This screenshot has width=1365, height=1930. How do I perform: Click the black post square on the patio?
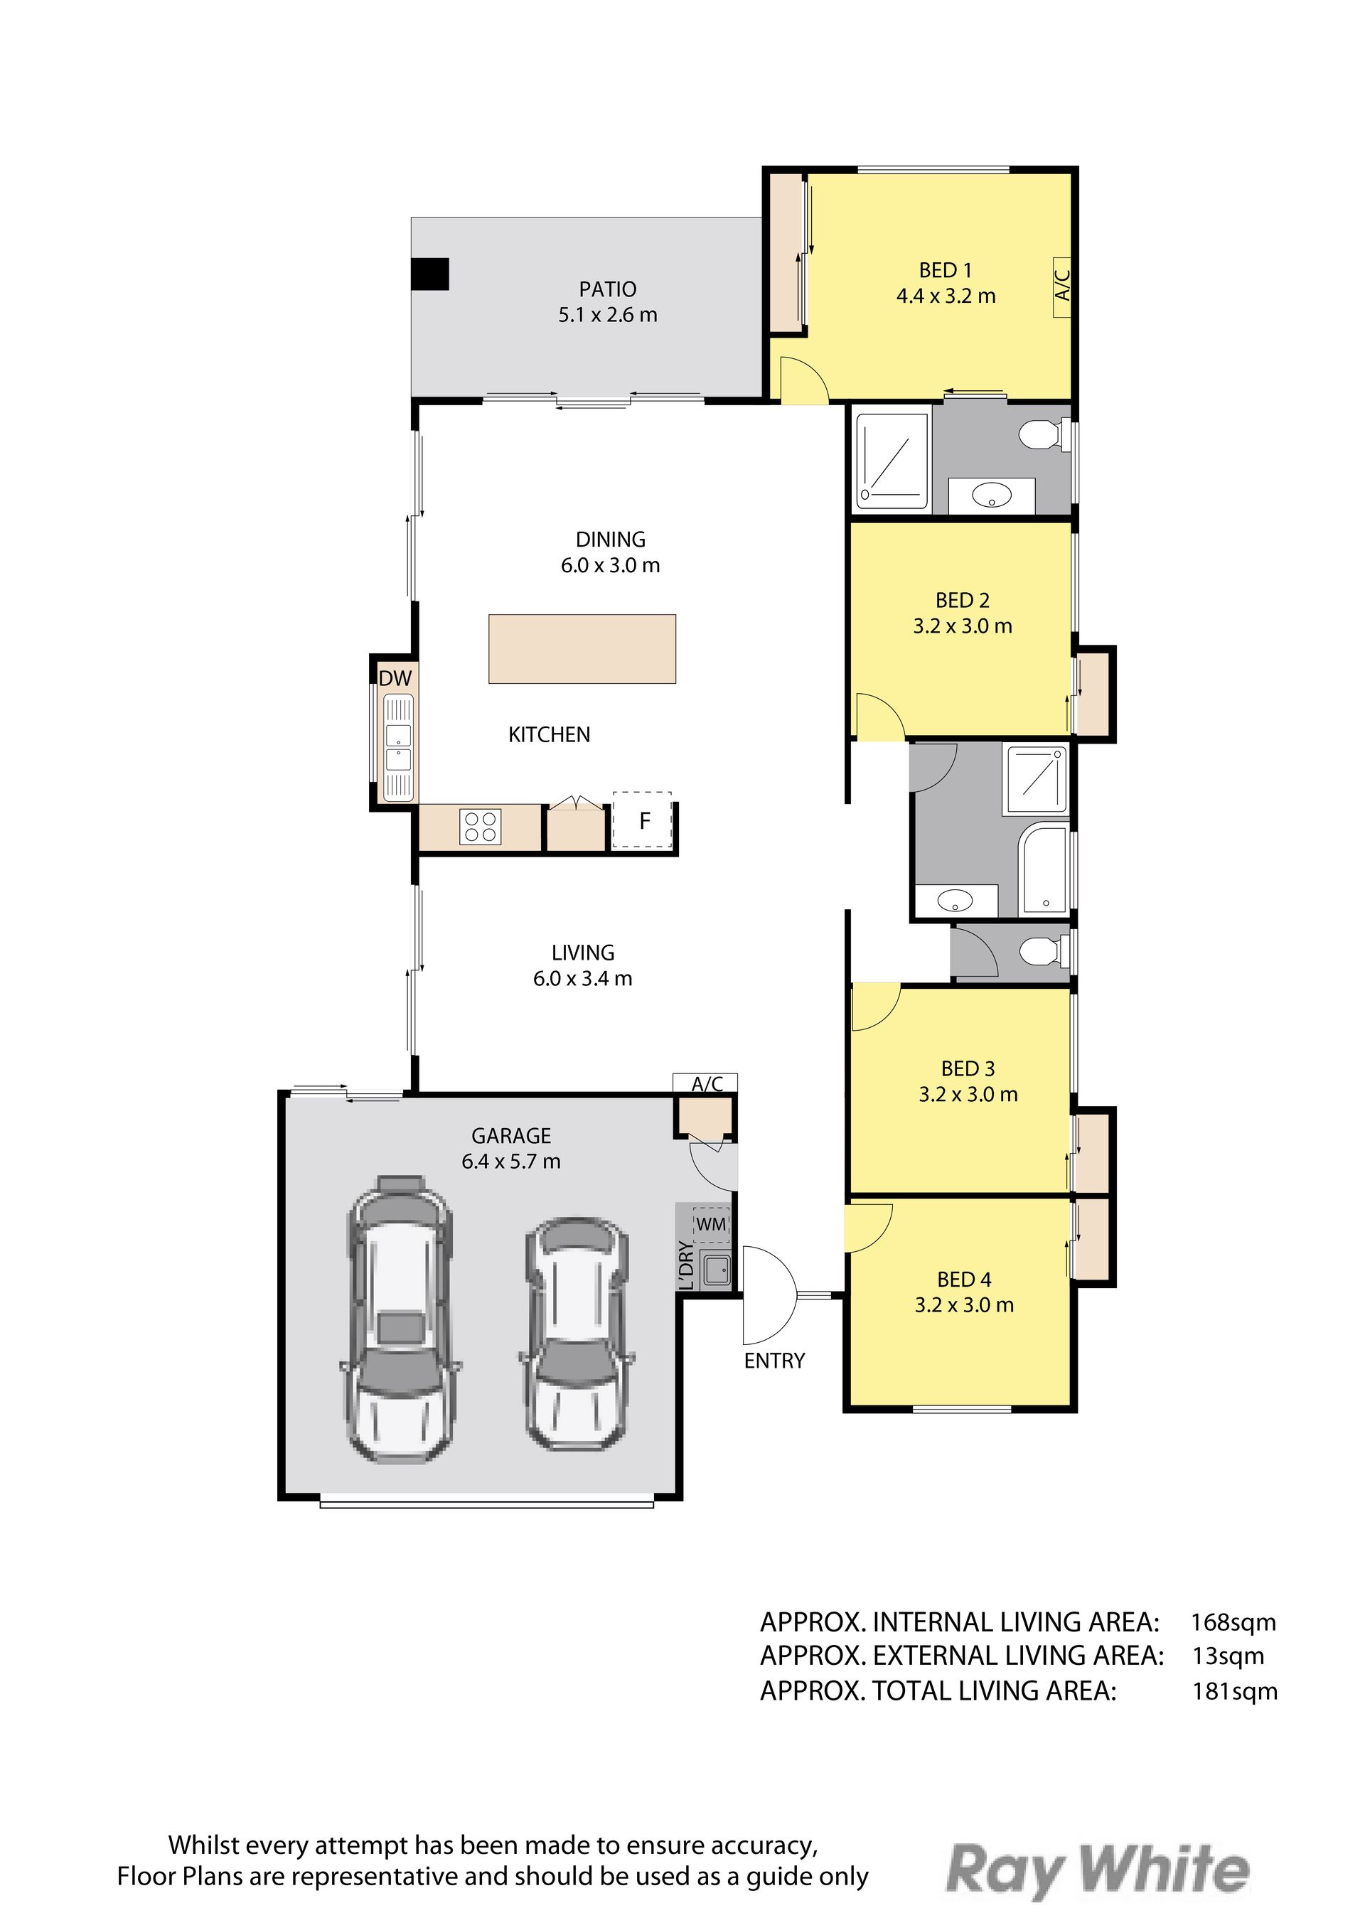tap(429, 274)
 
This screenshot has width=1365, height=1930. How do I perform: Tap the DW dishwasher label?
tap(395, 678)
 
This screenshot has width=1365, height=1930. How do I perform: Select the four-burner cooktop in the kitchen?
tap(480, 826)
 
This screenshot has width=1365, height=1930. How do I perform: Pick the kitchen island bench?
tap(582, 649)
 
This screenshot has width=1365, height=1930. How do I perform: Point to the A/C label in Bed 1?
tap(1062, 286)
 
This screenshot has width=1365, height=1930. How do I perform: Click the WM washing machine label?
tap(711, 1224)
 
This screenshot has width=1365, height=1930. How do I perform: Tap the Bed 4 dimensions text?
tap(964, 1305)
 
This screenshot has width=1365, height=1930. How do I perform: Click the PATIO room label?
tap(608, 289)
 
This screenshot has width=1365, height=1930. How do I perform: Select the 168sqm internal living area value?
tap(1233, 1622)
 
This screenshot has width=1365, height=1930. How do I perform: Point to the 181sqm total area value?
tap(1235, 1691)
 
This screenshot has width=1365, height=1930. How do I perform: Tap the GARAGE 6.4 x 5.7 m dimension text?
tap(511, 1162)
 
